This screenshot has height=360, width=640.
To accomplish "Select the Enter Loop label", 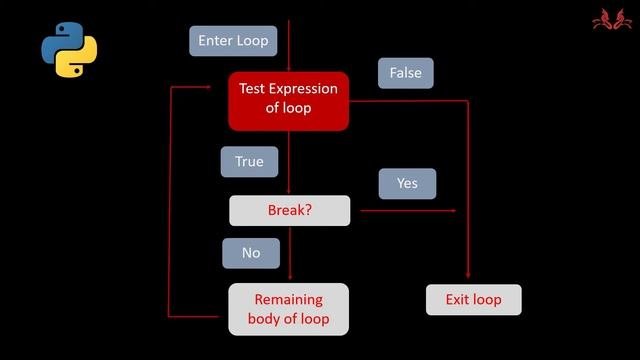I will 233,41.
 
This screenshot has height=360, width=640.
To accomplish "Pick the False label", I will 405,73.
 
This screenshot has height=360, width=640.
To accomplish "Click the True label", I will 249,161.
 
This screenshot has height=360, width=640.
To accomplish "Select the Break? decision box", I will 290,210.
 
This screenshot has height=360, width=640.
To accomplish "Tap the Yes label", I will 407,183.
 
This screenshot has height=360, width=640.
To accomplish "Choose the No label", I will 251,253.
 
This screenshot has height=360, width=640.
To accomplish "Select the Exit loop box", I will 473,299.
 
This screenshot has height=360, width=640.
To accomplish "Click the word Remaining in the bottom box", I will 288,299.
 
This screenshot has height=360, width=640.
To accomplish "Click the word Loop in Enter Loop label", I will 251,41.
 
